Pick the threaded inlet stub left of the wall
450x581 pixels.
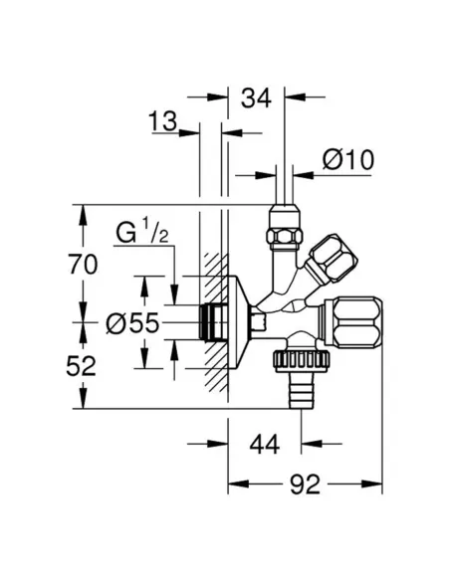click(211, 319)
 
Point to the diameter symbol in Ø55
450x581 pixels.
click(116, 322)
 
